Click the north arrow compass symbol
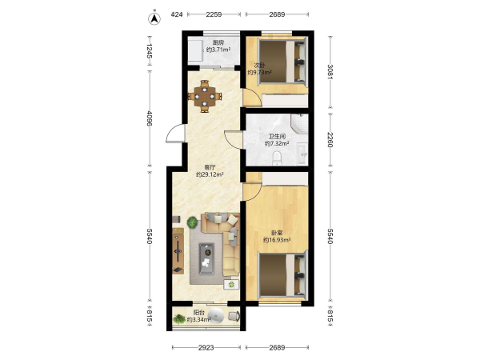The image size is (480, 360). [154, 18]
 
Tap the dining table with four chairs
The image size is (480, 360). [205, 97]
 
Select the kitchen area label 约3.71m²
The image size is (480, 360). [218, 50]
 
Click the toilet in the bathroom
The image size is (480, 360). [277, 158]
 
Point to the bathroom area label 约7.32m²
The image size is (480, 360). [277, 143]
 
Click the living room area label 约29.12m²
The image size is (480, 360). [210, 174]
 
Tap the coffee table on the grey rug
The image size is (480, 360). [206, 258]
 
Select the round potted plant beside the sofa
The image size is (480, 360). [193, 222]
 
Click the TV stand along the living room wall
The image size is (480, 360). [178, 251]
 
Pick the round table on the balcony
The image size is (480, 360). [216, 315]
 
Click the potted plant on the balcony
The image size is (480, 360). [179, 319]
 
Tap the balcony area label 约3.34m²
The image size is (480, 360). [199, 320]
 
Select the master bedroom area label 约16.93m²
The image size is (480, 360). [277, 240]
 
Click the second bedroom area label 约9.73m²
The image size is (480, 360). [259, 73]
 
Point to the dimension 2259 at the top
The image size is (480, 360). [214, 14]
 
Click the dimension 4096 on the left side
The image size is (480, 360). [150, 118]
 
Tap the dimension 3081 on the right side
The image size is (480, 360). [330, 72]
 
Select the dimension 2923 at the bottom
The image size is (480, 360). [206, 347]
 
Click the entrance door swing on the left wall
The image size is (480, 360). [174, 134]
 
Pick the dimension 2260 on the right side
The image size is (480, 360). [330, 139]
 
